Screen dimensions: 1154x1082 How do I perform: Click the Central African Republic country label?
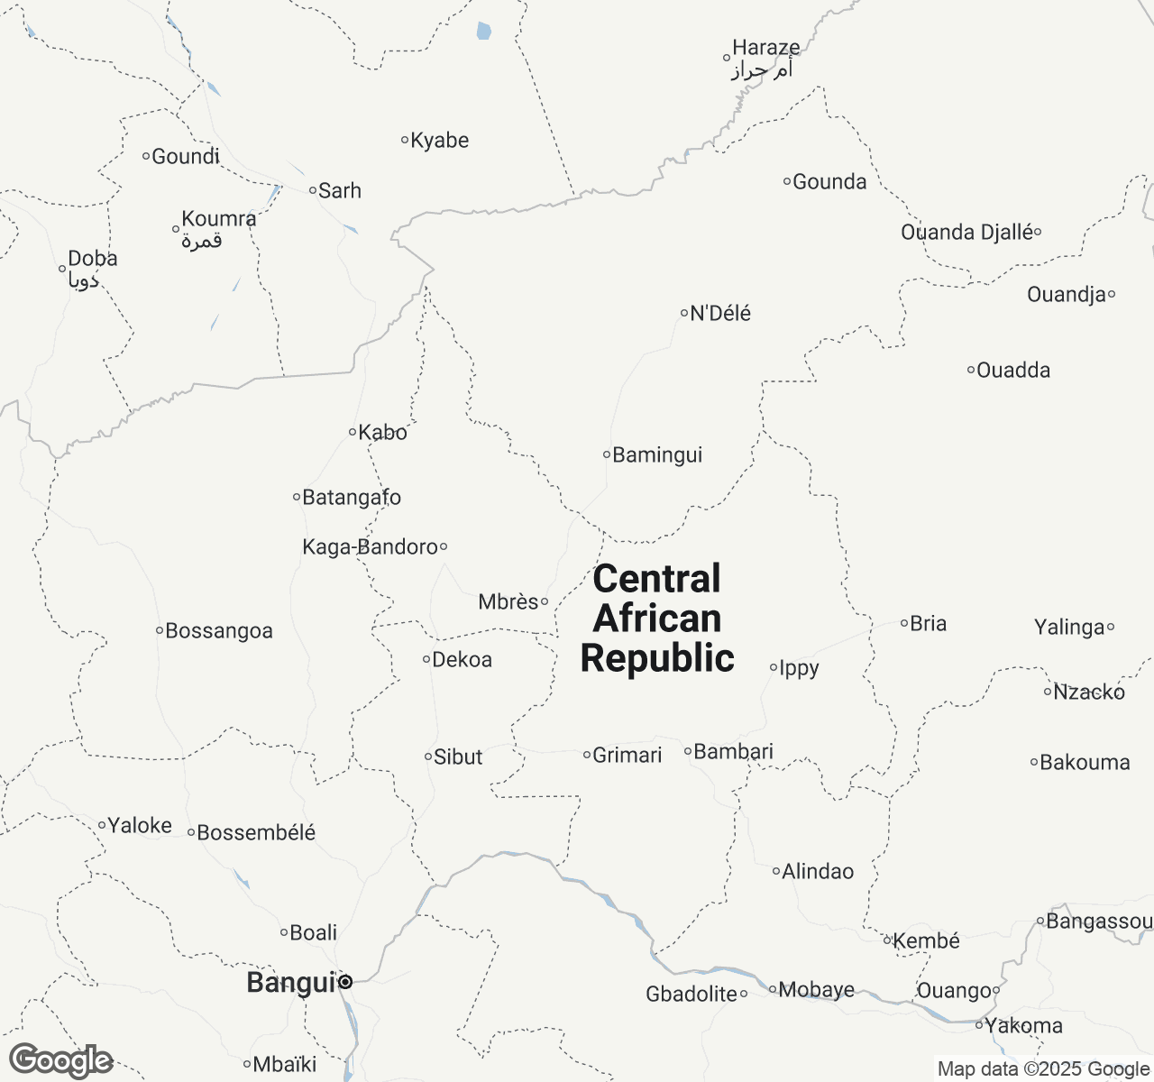657,619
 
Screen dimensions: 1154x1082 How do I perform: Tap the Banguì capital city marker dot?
345,983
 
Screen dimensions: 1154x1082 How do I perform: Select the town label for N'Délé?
719,314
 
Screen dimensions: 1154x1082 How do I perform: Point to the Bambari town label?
734,751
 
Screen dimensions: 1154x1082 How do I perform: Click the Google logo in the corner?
61,1060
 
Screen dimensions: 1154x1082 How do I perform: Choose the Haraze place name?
765,48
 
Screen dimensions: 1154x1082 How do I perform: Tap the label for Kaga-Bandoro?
371,546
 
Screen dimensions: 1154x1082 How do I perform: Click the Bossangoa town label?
219,631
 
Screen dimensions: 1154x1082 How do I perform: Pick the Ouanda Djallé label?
966,233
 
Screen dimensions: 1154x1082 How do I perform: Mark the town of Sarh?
340,190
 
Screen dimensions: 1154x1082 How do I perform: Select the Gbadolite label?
691,994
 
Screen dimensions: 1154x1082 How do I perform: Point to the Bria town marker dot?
904,623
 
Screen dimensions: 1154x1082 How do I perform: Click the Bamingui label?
657,455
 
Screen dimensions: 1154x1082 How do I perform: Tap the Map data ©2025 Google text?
1043,1069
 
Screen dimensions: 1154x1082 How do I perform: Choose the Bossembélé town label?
256,833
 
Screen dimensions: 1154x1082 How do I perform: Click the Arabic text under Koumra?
202,241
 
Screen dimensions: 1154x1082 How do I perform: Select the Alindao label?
818,871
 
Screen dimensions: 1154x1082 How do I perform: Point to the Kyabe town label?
440,141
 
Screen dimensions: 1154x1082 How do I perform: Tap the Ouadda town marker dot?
972,370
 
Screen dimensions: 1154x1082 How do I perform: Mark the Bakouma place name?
1085,763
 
